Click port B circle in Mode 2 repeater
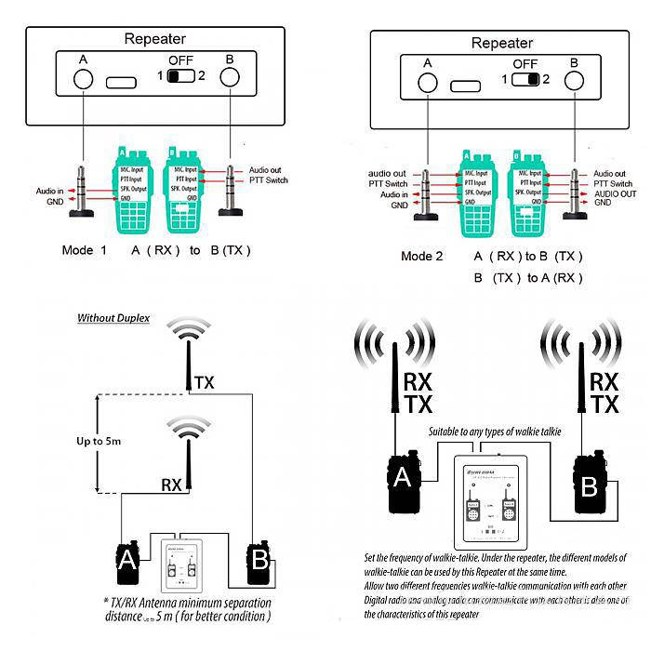click(x=574, y=81)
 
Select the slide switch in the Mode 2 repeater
click(x=525, y=79)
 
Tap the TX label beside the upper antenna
click(x=204, y=382)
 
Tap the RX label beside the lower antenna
click(x=172, y=484)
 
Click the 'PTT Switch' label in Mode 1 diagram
click(x=270, y=179)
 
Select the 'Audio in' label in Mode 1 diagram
click(x=49, y=191)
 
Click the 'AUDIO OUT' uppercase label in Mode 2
click(x=615, y=193)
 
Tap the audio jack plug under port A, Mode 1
click(x=83, y=192)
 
